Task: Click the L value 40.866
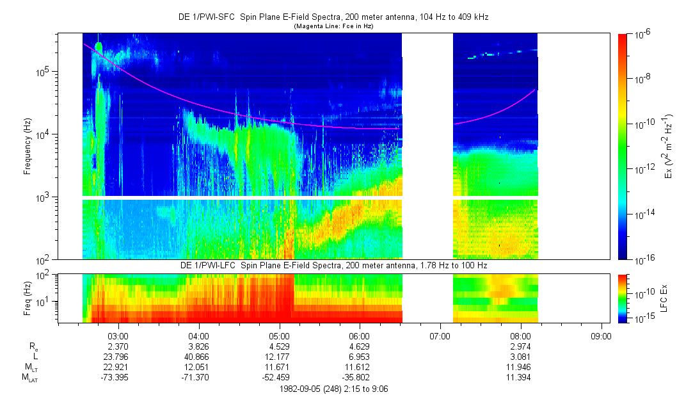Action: click(x=199, y=355)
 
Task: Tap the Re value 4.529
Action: click(x=280, y=346)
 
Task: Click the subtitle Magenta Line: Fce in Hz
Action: click(x=333, y=26)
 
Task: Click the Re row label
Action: click(x=33, y=346)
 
